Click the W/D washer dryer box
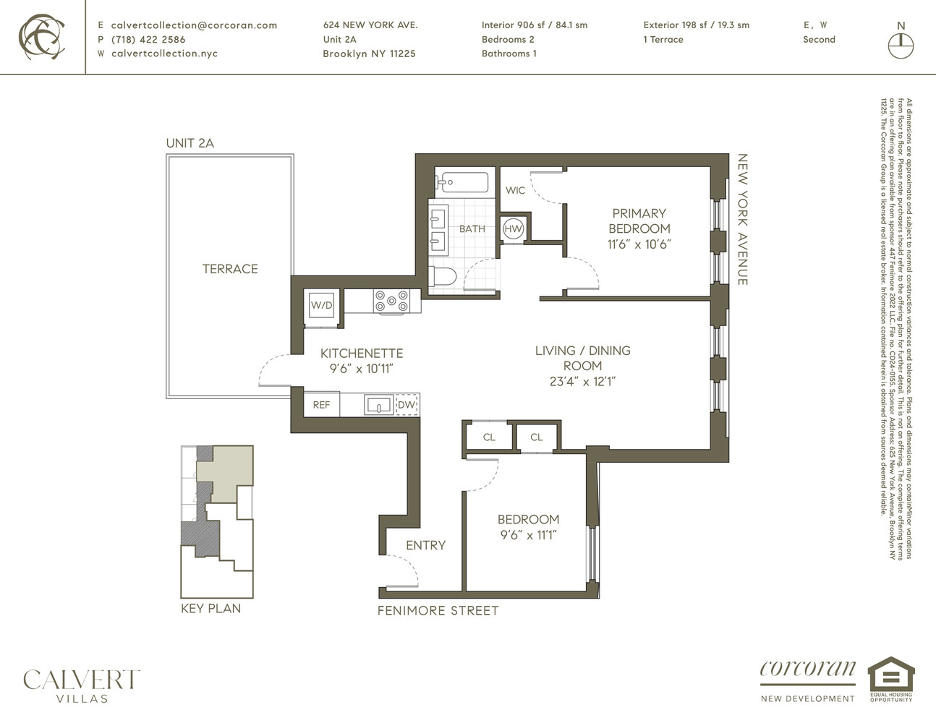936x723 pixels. (x=322, y=304)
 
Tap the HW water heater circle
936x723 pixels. (x=513, y=229)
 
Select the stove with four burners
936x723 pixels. (x=392, y=301)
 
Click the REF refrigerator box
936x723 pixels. (x=321, y=405)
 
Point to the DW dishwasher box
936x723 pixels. (x=407, y=405)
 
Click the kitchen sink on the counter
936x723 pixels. (x=378, y=405)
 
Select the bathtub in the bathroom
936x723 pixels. (x=461, y=181)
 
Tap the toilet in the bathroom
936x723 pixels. (x=442, y=276)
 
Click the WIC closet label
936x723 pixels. (x=515, y=190)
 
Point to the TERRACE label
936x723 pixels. (x=230, y=269)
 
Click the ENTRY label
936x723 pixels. (x=425, y=545)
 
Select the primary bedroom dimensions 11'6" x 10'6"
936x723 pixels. (x=639, y=244)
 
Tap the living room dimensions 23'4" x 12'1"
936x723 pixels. (x=582, y=381)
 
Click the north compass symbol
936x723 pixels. (x=901, y=46)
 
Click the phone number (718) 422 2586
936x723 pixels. (x=148, y=40)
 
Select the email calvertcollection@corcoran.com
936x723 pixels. (x=194, y=25)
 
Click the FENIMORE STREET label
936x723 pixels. (x=438, y=611)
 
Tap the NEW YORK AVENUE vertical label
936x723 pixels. (x=742, y=219)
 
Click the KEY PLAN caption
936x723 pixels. (x=210, y=609)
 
